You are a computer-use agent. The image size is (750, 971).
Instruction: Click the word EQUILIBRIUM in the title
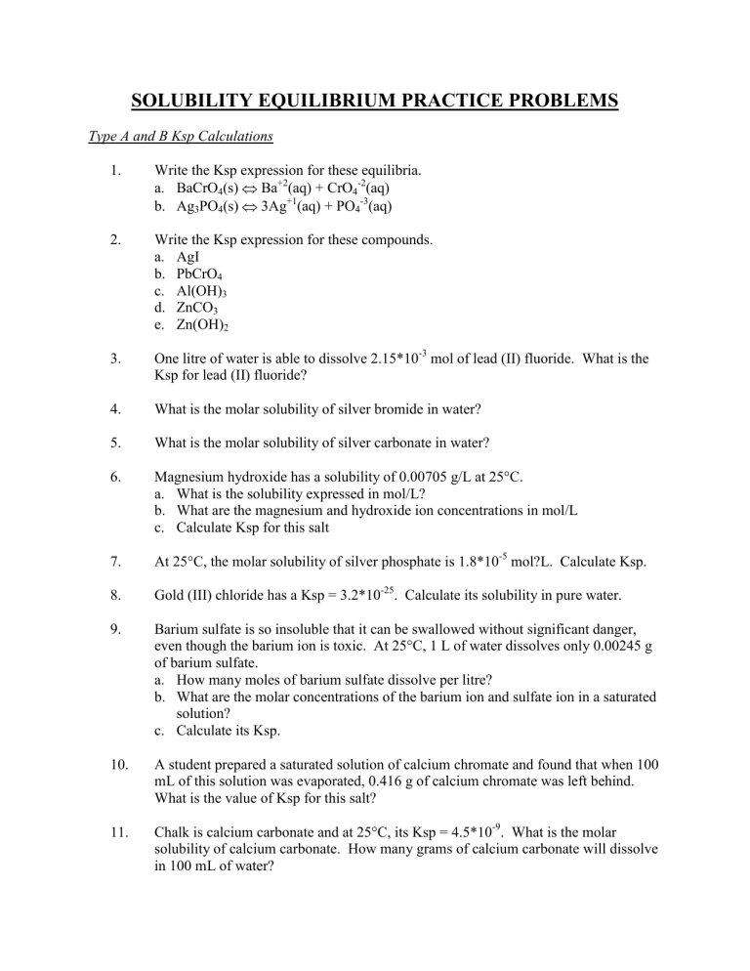(327, 100)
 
